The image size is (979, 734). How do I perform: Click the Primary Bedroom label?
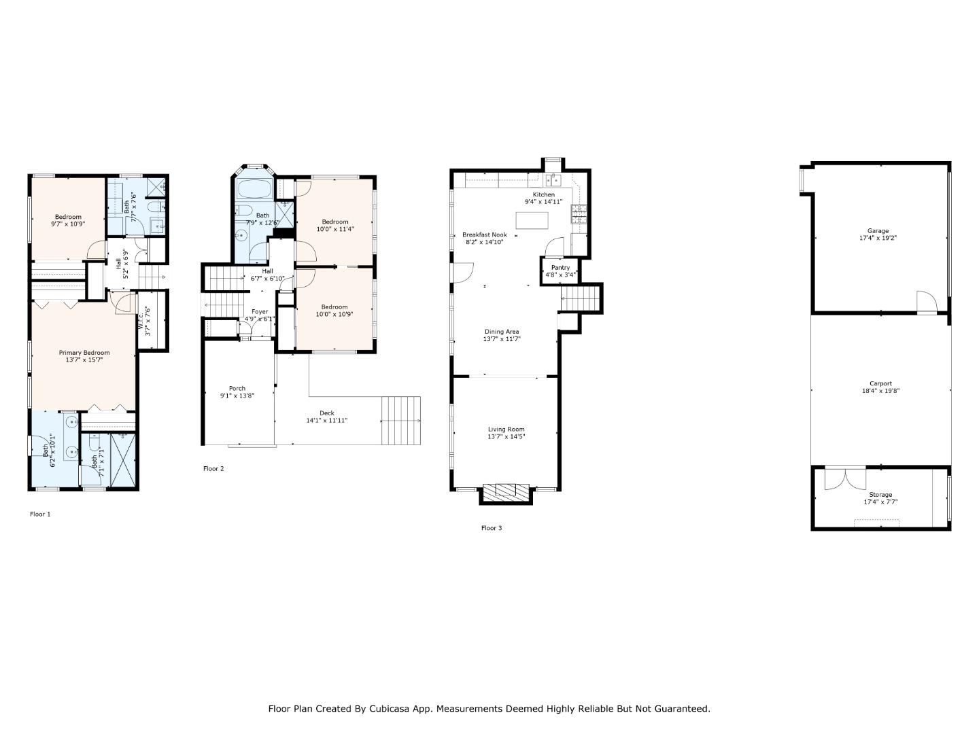click(x=84, y=353)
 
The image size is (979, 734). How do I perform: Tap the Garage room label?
click(x=878, y=231)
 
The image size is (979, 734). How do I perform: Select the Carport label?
click(x=880, y=383)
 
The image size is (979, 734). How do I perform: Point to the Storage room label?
click(x=880, y=495)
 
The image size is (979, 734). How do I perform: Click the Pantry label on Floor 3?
click(x=560, y=268)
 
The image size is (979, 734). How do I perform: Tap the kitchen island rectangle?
click(x=532, y=221)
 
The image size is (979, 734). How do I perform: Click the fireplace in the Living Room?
click(x=505, y=491)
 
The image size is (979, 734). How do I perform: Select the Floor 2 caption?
click(x=213, y=469)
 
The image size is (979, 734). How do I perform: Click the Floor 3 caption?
click(x=491, y=528)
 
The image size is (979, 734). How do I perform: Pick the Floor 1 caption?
click(x=40, y=514)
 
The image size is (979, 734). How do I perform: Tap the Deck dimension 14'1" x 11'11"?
click(x=326, y=421)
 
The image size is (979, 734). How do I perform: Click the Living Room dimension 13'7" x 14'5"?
click(x=506, y=437)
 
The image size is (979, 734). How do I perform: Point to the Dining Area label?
click(x=502, y=332)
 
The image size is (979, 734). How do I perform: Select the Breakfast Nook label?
click(x=485, y=234)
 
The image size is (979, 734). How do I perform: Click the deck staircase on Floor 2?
click(x=400, y=420)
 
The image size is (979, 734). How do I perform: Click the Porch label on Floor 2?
click(x=237, y=389)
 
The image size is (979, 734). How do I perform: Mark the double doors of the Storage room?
click(x=845, y=478)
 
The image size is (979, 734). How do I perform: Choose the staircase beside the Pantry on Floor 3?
click(x=581, y=298)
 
